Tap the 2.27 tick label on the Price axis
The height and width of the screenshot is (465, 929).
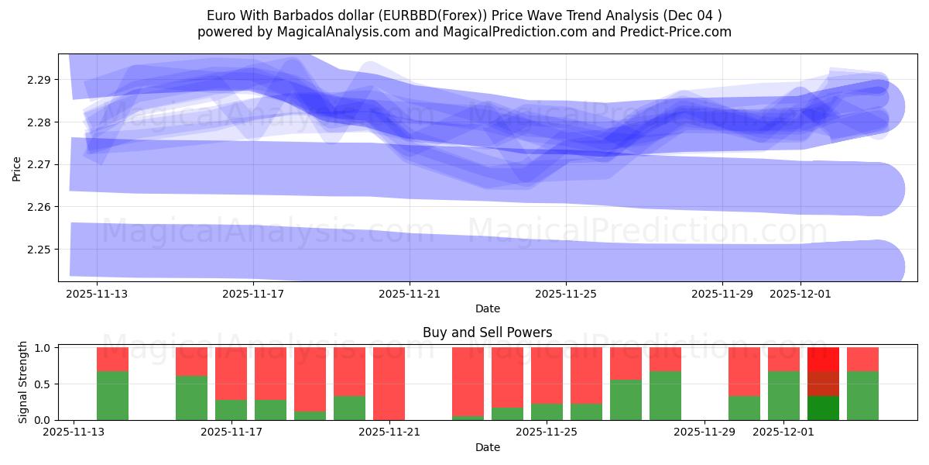[38, 164]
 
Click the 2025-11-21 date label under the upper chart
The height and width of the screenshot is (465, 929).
[410, 294]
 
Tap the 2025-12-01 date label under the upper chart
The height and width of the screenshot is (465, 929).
[800, 294]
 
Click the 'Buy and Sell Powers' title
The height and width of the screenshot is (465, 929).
[487, 332]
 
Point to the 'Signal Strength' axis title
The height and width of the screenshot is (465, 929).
[23, 382]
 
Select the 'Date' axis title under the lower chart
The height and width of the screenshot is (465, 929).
[487, 447]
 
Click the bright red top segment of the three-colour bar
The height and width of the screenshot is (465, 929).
[823, 359]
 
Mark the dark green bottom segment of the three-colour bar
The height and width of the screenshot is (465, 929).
[823, 408]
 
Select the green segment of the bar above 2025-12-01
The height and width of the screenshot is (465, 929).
[783, 395]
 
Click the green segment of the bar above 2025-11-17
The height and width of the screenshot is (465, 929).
[231, 410]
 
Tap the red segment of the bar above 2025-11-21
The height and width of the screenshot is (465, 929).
[389, 383]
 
